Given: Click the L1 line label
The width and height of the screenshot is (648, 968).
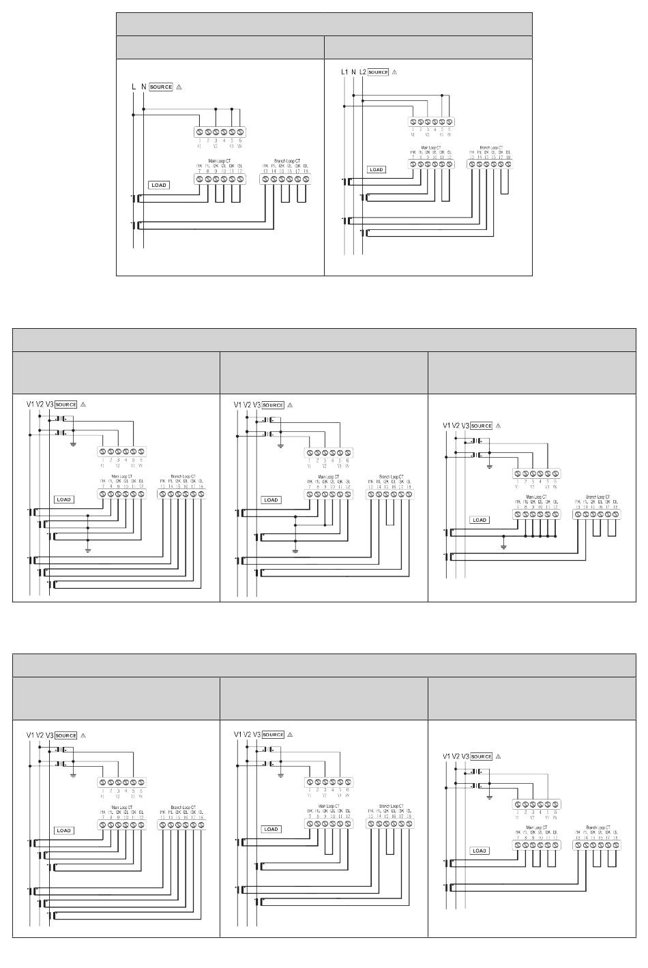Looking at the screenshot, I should tap(344, 72).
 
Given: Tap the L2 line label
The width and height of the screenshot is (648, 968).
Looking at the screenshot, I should tap(363, 72).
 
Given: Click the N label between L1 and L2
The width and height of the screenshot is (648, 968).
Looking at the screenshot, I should tap(353, 72).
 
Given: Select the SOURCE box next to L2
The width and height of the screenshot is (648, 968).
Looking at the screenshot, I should tap(378, 72).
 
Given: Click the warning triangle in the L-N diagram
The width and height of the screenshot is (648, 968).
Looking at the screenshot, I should tap(179, 87).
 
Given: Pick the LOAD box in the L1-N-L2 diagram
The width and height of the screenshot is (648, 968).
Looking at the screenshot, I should tap(377, 170).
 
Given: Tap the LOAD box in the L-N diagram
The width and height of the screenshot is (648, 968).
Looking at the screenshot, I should tap(158, 185).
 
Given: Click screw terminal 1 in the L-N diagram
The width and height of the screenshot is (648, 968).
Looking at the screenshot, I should tap(200, 132).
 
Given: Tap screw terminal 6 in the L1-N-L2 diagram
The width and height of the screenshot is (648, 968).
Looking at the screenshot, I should tap(450, 122).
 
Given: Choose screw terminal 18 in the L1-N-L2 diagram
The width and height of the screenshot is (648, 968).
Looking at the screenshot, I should tap(508, 164).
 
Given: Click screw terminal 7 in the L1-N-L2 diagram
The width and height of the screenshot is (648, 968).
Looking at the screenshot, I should tap(413, 164).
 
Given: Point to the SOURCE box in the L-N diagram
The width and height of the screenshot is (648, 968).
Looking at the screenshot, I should tap(161, 87).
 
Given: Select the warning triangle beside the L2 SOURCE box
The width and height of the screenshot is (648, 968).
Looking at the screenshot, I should tap(394, 72).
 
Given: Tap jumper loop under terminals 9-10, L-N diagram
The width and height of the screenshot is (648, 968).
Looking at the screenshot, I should tap(220, 194).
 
